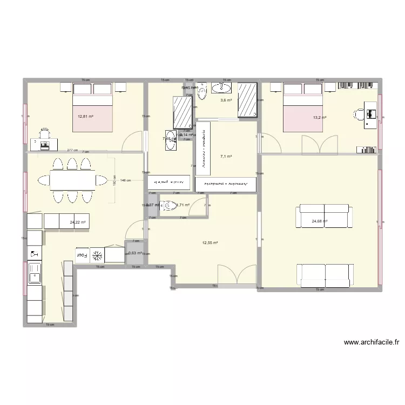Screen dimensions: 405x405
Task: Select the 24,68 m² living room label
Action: click(x=320, y=220)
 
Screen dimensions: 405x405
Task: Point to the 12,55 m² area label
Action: click(x=210, y=242)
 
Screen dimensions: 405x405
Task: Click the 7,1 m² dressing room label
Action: click(x=226, y=157)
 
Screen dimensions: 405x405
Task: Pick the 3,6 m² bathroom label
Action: click(x=226, y=100)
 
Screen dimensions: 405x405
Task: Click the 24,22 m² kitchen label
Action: click(x=78, y=222)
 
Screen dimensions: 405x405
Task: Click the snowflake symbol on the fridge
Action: click(x=98, y=254)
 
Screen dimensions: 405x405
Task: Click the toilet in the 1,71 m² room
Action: click(x=170, y=205)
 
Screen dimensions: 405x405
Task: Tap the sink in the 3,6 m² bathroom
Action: click(x=222, y=87)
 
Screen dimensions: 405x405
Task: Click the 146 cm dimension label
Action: click(x=126, y=180)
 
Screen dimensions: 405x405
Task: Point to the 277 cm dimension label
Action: click(x=72, y=151)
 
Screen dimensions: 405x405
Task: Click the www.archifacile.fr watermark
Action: click(x=371, y=342)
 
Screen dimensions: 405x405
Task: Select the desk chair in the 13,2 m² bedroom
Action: click(x=360, y=114)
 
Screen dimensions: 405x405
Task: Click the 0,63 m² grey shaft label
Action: click(x=134, y=253)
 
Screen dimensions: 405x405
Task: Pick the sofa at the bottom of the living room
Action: click(x=325, y=275)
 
